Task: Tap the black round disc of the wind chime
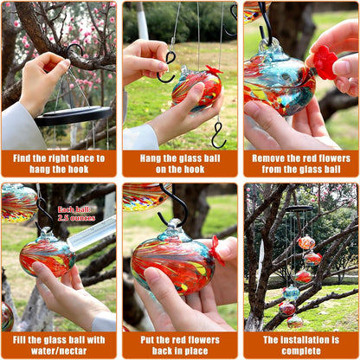(74, 115)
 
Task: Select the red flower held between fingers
(325, 62)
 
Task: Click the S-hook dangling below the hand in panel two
(219, 135)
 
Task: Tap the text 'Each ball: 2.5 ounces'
(76, 214)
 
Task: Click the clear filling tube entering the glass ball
(92, 234)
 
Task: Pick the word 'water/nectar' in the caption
(59, 350)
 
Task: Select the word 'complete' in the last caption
(301, 350)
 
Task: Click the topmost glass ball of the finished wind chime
(306, 242)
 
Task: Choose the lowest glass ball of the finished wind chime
(295, 322)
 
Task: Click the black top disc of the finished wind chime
(299, 209)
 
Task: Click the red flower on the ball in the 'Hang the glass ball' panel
(214, 69)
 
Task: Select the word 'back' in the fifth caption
(163, 350)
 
